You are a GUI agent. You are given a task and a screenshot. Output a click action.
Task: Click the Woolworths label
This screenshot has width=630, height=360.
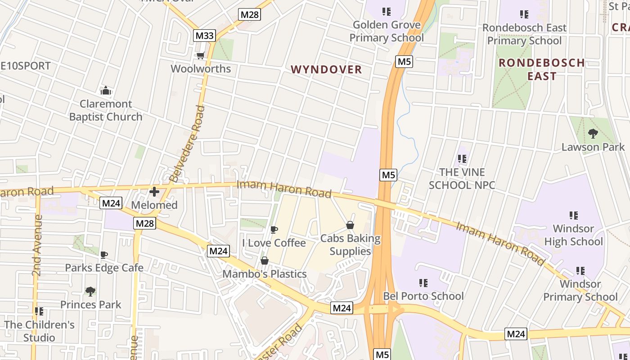pyautogui.click(x=201, y=69)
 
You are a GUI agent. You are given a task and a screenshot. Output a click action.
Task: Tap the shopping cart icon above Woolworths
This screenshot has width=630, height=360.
pyautogui.click(x=200, y=55)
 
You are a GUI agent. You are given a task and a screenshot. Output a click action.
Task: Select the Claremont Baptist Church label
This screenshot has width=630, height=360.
pyautogui.click(x=106, y=110)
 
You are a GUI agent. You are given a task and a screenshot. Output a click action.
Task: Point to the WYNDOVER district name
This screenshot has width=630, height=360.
pyautogui.click(x=326, y=69)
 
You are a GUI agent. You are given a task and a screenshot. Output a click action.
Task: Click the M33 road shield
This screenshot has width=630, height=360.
pyautogui.click(x=205, y=36)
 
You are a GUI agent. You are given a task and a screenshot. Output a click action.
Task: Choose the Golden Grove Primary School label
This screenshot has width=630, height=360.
pyautogui.click(x=387, y=31)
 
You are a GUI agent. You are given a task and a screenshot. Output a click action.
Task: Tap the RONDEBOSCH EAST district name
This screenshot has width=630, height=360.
pyautogui.click(x=542, y=69)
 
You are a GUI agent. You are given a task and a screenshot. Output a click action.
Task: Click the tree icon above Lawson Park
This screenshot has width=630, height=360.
pyautogui.click(x=593, y=133)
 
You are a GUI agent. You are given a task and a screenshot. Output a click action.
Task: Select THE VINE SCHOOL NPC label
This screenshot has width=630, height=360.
pyautogui.click(x=462, y=179)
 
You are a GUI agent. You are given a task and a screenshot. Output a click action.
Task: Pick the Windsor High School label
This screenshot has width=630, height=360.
pyautogui.click(x=573, y=235)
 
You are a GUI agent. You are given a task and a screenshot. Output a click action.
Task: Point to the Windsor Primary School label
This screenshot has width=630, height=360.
pyautogui.click(x=580, y=290)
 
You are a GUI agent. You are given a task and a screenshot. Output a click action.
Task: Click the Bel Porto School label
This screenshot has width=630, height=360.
pyautogui.click(x=423, y=296)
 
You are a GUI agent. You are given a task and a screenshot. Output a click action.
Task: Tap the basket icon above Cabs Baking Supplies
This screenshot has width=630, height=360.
pyautogui.click(x=350, y=225)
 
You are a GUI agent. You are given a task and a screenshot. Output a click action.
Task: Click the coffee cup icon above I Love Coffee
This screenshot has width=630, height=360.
pyautogui.click(x=274, y=230)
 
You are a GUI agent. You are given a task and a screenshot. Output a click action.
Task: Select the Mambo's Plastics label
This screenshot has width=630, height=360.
pyautogui.click(x=265, y=274)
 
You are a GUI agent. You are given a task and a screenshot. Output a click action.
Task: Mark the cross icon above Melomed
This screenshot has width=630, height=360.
pyautogui.click(x=154, y=192)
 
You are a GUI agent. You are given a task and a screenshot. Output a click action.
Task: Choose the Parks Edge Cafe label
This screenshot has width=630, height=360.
pyautogui.click(x=104, y=268)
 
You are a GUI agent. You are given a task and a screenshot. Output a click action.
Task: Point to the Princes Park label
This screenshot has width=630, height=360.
pyautogui.click(x=91, y=305)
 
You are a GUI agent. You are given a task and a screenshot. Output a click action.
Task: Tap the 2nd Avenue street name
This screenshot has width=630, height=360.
pyautogui.click(x=37, y=245)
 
